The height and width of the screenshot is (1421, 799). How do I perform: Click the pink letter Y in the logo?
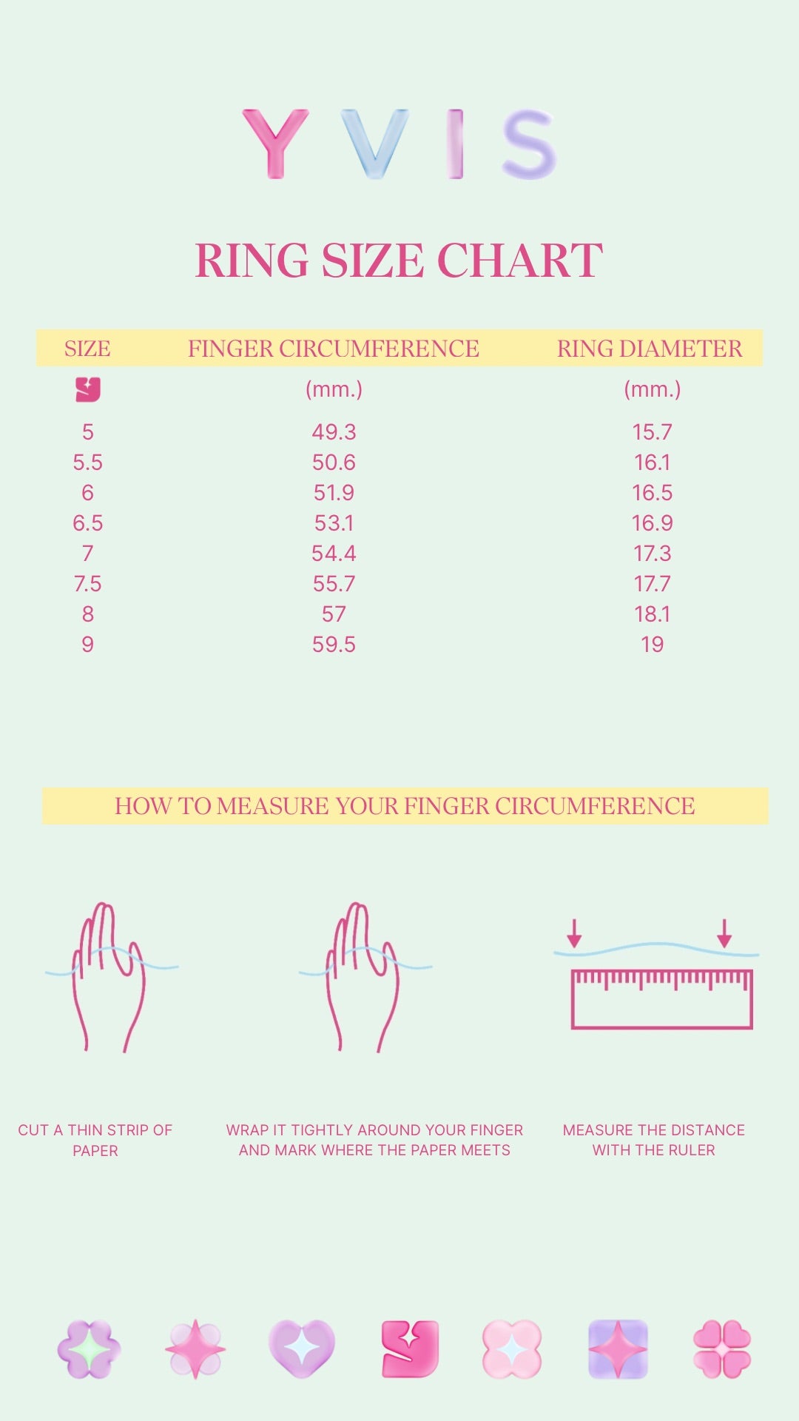coord(274,144)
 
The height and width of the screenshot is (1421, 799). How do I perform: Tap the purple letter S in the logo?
coord(528,144)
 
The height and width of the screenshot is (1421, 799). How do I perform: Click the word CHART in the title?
coord(520,261)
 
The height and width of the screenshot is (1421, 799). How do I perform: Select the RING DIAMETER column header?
coord(650,349)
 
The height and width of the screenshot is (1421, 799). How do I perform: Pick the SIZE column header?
coord(87,349)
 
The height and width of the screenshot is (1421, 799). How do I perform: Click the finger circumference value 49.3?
coord(334,432)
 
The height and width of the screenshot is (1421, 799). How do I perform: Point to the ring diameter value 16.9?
coord(652,523)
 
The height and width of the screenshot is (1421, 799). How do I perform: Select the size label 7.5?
coord(87,584)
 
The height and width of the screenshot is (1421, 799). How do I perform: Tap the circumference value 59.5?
coord(334,645)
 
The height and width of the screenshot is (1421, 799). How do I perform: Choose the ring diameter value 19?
coord(652,645)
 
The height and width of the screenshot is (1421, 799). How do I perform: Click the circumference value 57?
coord(334,614)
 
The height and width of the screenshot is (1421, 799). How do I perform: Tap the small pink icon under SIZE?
coord(88,389)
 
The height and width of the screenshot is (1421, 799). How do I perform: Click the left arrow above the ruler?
coord(574,933)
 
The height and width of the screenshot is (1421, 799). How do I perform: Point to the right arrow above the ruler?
coord(724,933)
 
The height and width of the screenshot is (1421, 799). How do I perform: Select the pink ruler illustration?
coord(662,999)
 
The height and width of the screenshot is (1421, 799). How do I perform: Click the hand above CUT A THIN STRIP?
coord(109,976)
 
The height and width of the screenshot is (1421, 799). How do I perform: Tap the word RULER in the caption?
coord(690,1150)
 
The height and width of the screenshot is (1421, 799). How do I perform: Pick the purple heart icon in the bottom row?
coord(301,1349)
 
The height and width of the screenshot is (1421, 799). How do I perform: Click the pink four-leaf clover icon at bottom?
coord(722,1349)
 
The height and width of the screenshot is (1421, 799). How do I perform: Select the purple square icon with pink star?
coord(618,1349)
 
